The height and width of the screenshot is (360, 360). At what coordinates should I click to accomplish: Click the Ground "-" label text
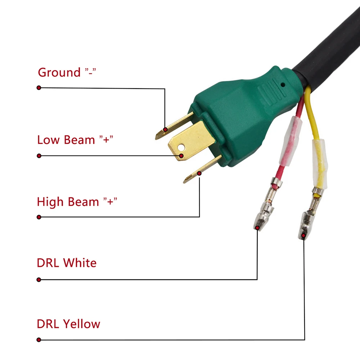pos(67,72)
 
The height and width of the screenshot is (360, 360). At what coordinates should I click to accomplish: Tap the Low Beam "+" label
pos(75,140)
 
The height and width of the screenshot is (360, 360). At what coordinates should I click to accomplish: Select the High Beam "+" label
pos(77,202)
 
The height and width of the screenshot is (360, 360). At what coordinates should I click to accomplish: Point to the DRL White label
pos(67,263)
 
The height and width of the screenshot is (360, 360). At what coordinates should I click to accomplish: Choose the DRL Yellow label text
pos(68,324)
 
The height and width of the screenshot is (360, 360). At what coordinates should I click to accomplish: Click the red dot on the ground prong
pos(165,130)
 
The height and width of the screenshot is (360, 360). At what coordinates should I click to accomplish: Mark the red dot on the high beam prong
pos(199,174)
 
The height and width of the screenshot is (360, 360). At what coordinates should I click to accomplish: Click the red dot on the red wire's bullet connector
pos(257,228)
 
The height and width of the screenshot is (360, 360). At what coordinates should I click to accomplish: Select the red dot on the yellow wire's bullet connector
pos(303,235)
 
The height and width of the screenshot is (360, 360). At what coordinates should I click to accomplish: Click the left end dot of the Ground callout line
pos(39,88)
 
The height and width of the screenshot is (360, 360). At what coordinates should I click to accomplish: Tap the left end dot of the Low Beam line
pos(39,156)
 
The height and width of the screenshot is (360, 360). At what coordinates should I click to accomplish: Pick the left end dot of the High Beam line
pos(39,217)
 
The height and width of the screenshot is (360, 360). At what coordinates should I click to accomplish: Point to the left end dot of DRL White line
pos(39,280)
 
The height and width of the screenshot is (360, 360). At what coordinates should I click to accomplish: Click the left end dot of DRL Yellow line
pos(39,340)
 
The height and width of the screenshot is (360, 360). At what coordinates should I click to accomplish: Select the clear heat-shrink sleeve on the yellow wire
pos(320,164)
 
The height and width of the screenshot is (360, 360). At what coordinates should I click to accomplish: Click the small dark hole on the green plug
pos(283,85)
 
